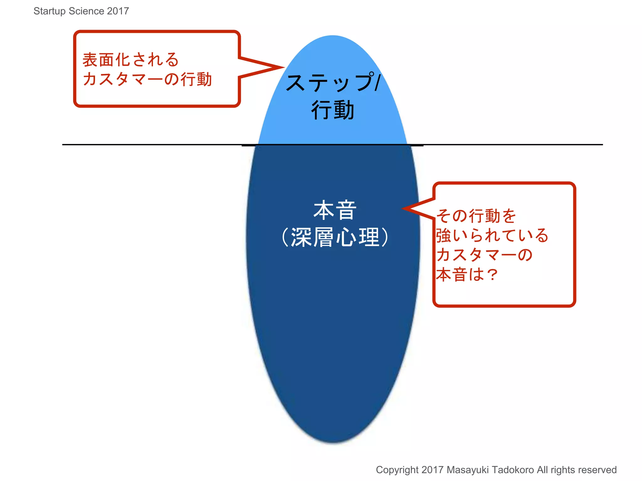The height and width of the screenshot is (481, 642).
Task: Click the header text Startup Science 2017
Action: click(81, 11)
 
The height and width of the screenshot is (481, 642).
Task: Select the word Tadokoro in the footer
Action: click(513, 470)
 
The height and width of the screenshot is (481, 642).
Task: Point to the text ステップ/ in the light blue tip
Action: click(333, 82)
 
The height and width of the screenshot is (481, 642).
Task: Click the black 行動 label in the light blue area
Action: click(333, 110)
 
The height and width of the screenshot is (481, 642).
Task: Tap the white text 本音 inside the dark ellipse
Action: click(335, 210)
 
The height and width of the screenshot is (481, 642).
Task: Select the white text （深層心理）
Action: click(335, 237)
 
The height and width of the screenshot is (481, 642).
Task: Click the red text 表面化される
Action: click(130, 59)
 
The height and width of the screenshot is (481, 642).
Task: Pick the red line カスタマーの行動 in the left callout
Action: click(147, 79)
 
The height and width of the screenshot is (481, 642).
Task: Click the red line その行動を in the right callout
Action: click(476, 216)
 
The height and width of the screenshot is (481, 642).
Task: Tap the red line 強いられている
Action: click(492, 235)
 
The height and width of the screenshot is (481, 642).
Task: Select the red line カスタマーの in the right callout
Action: click(484, 255)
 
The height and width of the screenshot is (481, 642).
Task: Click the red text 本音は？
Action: click(467, 274)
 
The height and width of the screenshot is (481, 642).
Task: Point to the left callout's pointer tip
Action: click(283, 67)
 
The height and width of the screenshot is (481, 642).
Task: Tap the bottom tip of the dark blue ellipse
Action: click(334, 442)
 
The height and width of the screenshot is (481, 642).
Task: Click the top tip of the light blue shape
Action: click(333, 36)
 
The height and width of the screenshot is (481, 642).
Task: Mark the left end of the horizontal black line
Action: click(63, 145)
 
